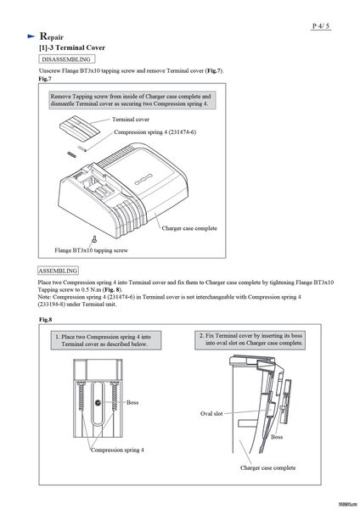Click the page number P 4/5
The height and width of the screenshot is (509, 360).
[x=321, y=26]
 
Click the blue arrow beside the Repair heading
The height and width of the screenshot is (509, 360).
[x=31, y=36]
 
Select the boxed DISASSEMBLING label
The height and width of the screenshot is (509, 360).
[x=66, y=59]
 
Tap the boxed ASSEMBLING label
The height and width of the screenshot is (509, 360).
[x=58, y=271]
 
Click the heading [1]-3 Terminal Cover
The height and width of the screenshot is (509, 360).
[x=72, y=48]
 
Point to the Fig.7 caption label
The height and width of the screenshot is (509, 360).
[x=45, y=79]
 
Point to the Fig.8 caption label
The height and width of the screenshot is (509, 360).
[x=46, y=320]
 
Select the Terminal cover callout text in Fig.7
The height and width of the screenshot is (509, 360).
[x=131, y=120]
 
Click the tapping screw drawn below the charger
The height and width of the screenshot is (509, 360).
[x=94, y=239]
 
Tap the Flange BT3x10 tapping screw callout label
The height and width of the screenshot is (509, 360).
[x=92, y=250]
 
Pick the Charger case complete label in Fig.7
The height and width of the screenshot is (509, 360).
[x=189, y=228]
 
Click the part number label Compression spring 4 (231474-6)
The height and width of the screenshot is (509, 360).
[x=155, y=132]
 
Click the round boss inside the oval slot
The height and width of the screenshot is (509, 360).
[x=98, y=403]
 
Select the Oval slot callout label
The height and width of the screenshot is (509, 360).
[x=211, y=414]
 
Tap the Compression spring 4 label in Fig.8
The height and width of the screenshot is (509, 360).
[x=117, y=450]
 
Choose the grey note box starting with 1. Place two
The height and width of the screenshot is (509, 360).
[x=106, y=340]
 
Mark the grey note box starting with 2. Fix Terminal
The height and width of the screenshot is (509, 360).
[x=250, y=339]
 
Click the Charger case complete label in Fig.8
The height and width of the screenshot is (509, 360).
[x=267, y=467]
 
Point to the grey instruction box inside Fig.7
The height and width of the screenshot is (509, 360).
[x=132, y=100]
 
